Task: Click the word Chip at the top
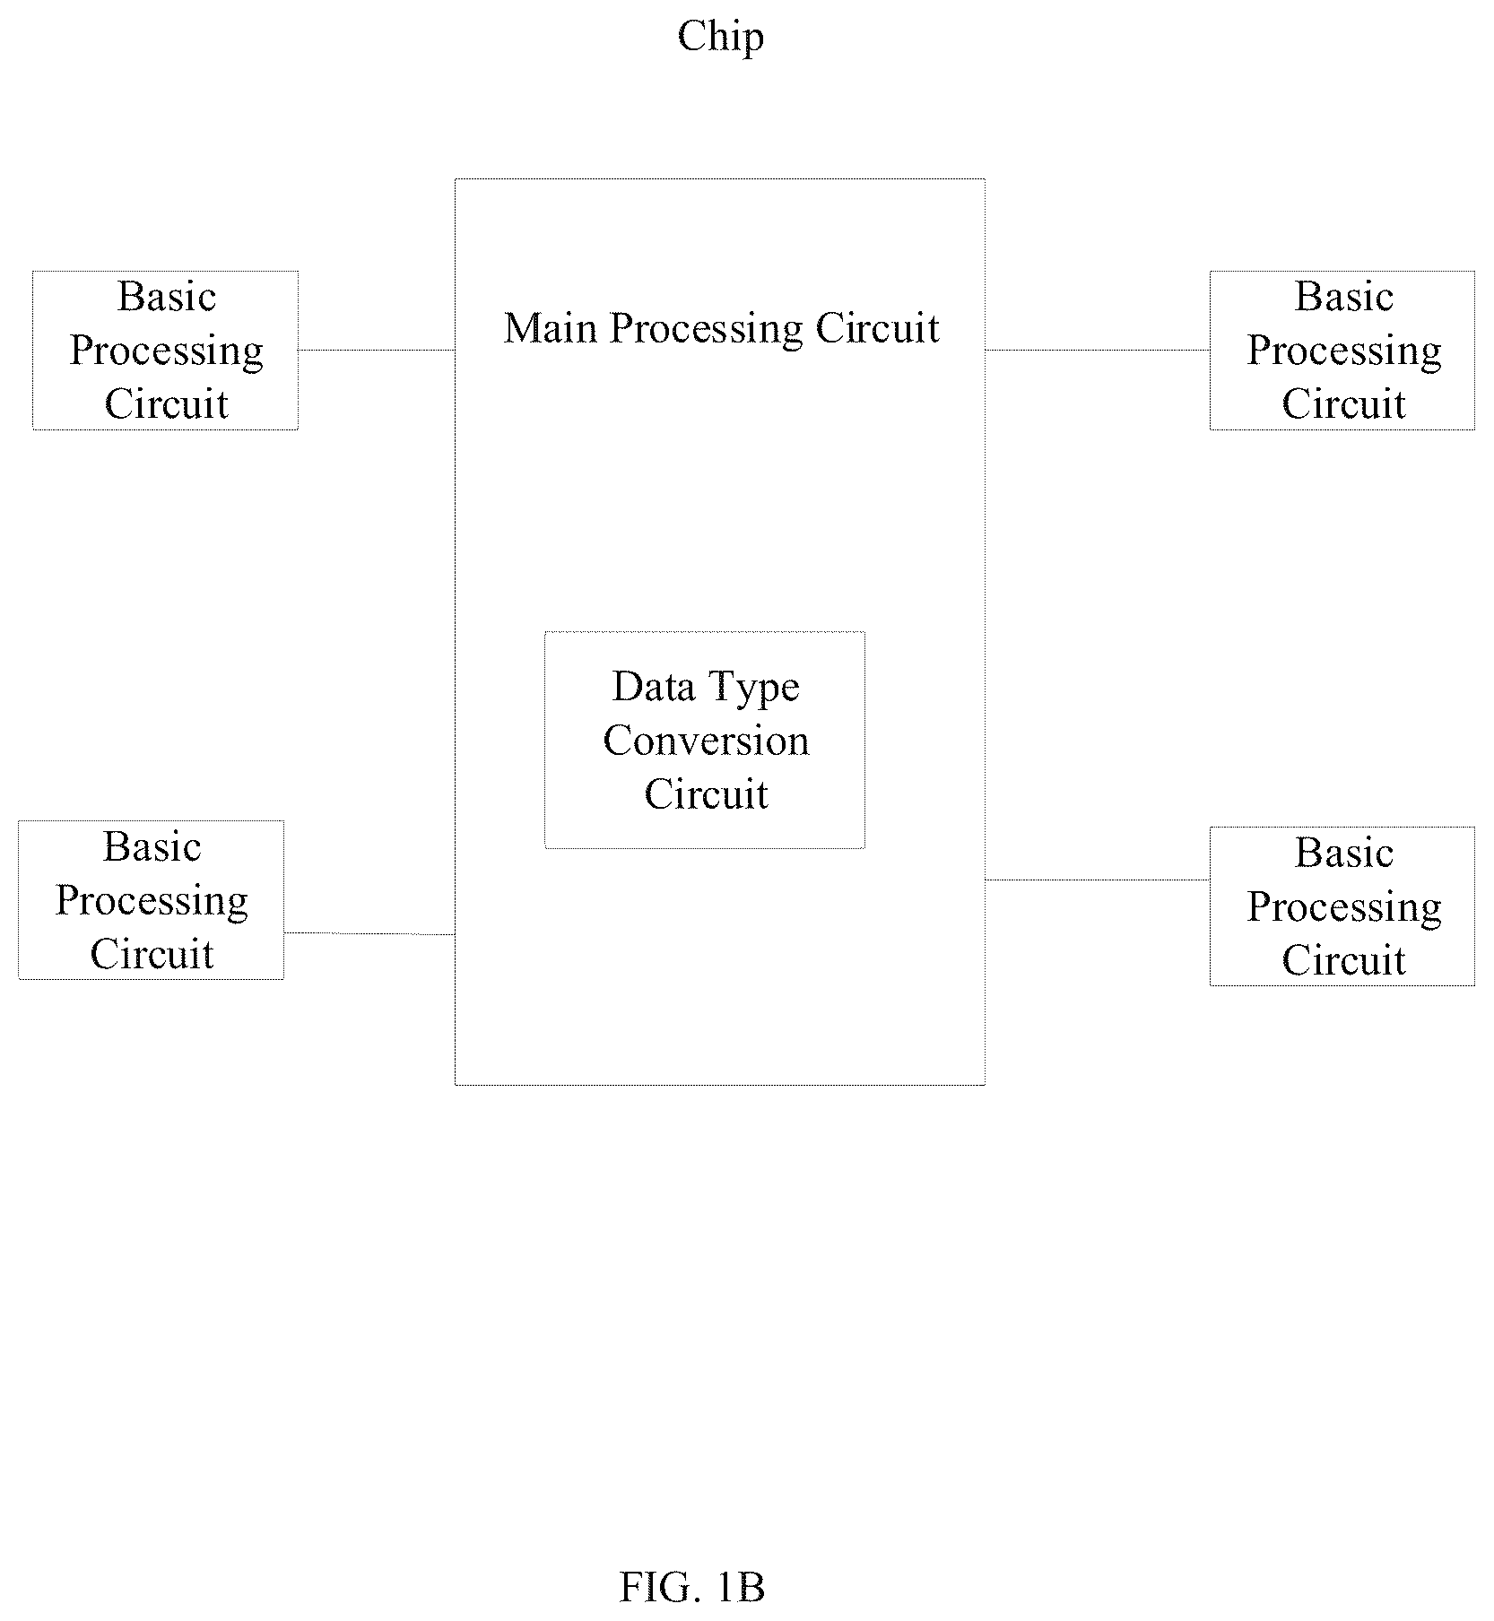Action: (x=721, y=38)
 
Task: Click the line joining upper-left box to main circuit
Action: (x=377, y=351)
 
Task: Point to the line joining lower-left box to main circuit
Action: (x=369, y=933)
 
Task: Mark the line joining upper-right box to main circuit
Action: (x=1098, y=351)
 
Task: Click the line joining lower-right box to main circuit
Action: (x=1098, y=880)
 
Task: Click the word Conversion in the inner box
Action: (x=706, y=741)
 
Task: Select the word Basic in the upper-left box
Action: (x=167, y=297)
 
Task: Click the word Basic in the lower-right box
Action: (x=1344, y=853)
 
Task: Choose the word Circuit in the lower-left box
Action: (x=152, y=954)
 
